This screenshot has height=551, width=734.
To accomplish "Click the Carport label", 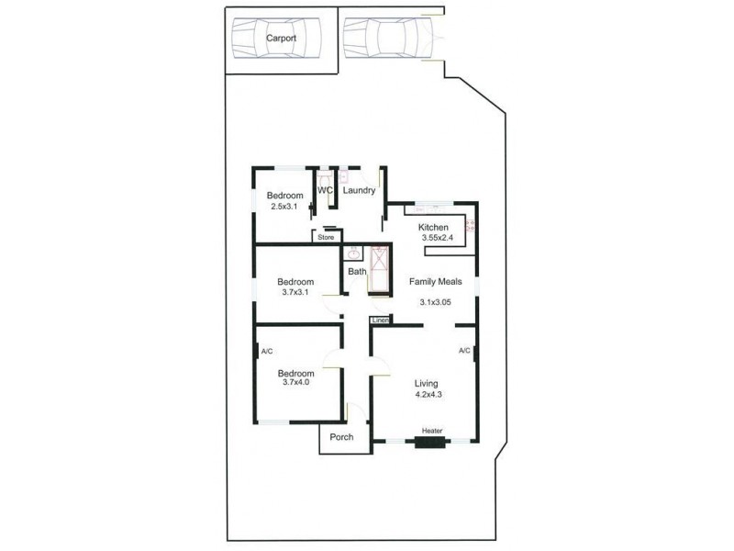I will point(281,39).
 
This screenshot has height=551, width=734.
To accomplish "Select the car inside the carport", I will point(276,39).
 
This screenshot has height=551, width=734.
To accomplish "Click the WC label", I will point(325,191).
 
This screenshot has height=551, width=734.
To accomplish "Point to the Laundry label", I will point(359,191).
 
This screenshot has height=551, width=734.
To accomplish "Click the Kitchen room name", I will point(433,227).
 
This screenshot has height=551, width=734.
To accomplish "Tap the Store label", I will point(326,238).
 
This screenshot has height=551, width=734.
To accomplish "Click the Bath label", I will point(356,272).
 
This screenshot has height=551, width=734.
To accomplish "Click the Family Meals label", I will point(435,282).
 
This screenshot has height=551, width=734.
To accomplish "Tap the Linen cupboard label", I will point(380,320).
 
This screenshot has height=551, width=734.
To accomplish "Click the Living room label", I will point(426,384).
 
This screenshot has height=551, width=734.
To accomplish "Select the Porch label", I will point(341,437).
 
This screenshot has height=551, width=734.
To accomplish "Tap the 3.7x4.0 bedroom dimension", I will point(296,384).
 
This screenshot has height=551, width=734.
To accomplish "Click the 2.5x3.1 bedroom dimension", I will point(284,207).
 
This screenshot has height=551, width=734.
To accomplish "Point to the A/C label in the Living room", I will point(464,351).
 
